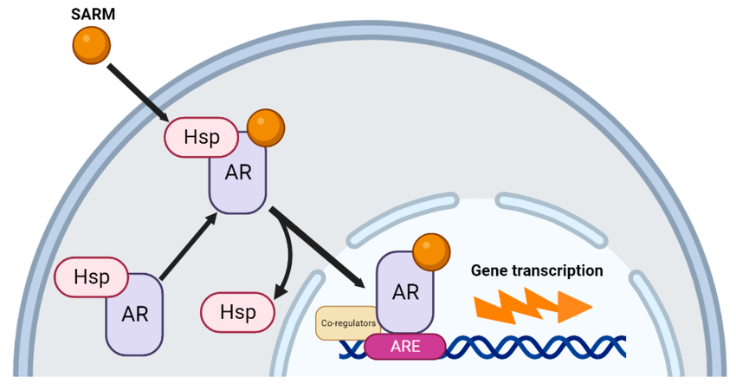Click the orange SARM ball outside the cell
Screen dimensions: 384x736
(91, 44)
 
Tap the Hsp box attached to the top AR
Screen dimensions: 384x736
(200, 138)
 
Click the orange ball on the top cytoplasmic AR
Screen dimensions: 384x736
(265, 129)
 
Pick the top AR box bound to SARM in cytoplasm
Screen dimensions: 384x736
(238, 179)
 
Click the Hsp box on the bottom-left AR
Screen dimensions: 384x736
(91, 277)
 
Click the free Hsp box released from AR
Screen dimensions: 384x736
(236, 311)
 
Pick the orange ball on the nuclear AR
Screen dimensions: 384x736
(430, 252)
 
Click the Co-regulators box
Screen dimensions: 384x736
(346, 322)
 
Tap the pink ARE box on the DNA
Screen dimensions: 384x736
(404, 348)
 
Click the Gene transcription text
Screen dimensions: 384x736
(537, 270)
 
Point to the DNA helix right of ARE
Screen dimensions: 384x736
(537, 348)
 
